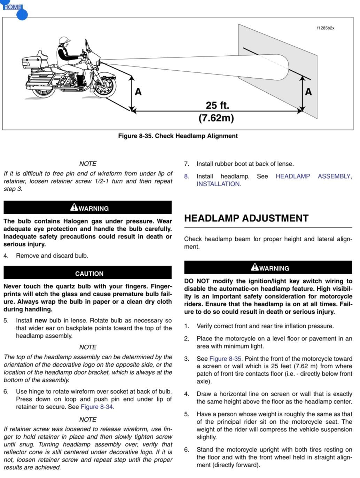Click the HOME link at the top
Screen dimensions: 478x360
coord(13,7)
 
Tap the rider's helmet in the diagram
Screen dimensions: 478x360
coord(64,40)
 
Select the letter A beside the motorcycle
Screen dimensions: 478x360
coord(138,92)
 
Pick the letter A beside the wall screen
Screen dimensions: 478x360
coord(308,92)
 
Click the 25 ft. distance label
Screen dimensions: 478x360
coord(217,105)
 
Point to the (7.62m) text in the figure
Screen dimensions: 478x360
coord(216,118)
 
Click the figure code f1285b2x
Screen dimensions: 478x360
coord(326,28)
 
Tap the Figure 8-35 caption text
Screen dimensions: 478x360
coord(178,136)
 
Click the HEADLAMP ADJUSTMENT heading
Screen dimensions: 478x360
coord(246,218)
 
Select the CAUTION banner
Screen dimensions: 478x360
coord(89,274)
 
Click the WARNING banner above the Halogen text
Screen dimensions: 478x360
coord(89,208)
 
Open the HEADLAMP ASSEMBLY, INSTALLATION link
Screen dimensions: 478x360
coord(313,177)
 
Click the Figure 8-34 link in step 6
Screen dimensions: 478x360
coord(97,407)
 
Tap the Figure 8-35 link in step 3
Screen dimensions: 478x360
coord(225,359)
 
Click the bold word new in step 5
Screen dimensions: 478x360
coord(41,320)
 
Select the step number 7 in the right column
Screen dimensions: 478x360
coord(187,164)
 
